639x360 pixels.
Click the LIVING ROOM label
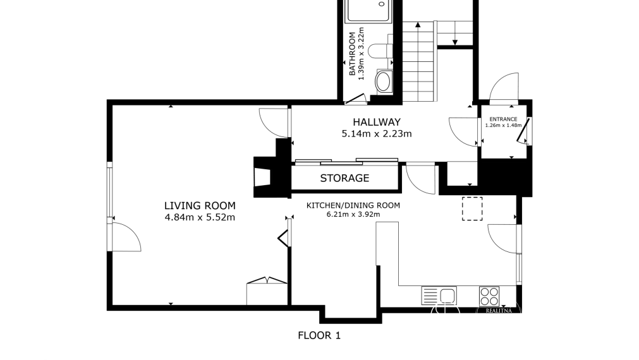200,206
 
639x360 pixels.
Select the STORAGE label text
344,178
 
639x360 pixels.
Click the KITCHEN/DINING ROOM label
353,206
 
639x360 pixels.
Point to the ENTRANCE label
503,119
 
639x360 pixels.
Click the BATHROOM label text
352,54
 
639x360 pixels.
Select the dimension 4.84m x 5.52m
200,217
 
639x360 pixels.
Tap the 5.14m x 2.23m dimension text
377,133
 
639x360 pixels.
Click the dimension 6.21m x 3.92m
353,214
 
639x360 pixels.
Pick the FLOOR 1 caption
319,335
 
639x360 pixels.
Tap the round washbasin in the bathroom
382,82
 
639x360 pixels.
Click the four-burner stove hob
489,296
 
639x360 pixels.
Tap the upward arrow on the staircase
418,61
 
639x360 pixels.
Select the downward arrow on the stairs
455,33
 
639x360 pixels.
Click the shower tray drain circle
382,4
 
